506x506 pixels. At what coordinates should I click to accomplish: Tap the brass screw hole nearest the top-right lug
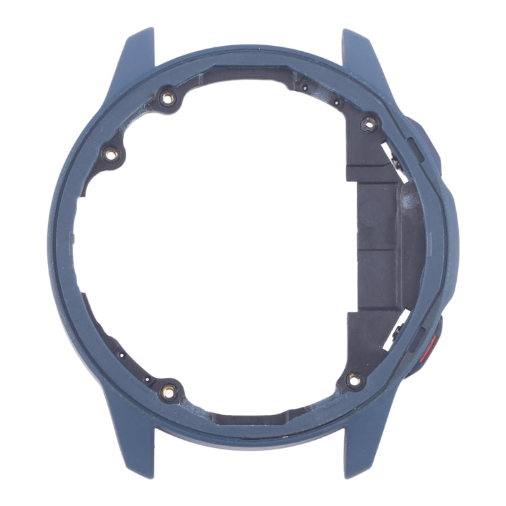(368, 122)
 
